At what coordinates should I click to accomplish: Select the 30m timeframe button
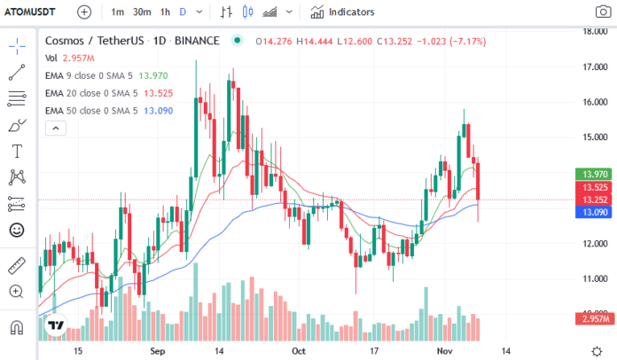click(142, 12)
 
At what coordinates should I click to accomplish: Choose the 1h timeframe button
click(165, 12)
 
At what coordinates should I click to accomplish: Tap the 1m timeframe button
click(118, 12)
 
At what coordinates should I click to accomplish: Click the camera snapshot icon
click(602, 12)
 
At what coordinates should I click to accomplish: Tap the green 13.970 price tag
click(591, 174)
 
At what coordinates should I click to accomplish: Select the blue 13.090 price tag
click(591, 212)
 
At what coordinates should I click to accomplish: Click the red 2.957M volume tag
click(591, 318)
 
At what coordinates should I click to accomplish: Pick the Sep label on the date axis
click(160, 350)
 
